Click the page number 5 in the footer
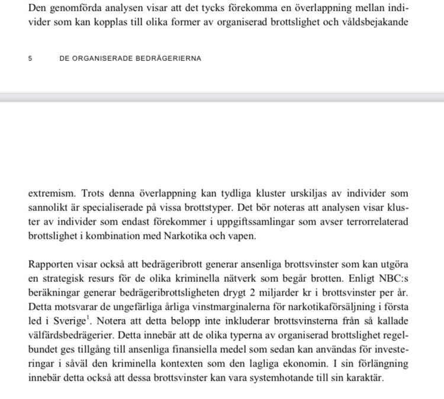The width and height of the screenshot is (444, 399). [30, 59]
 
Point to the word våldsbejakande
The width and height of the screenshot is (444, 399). [381, 24]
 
